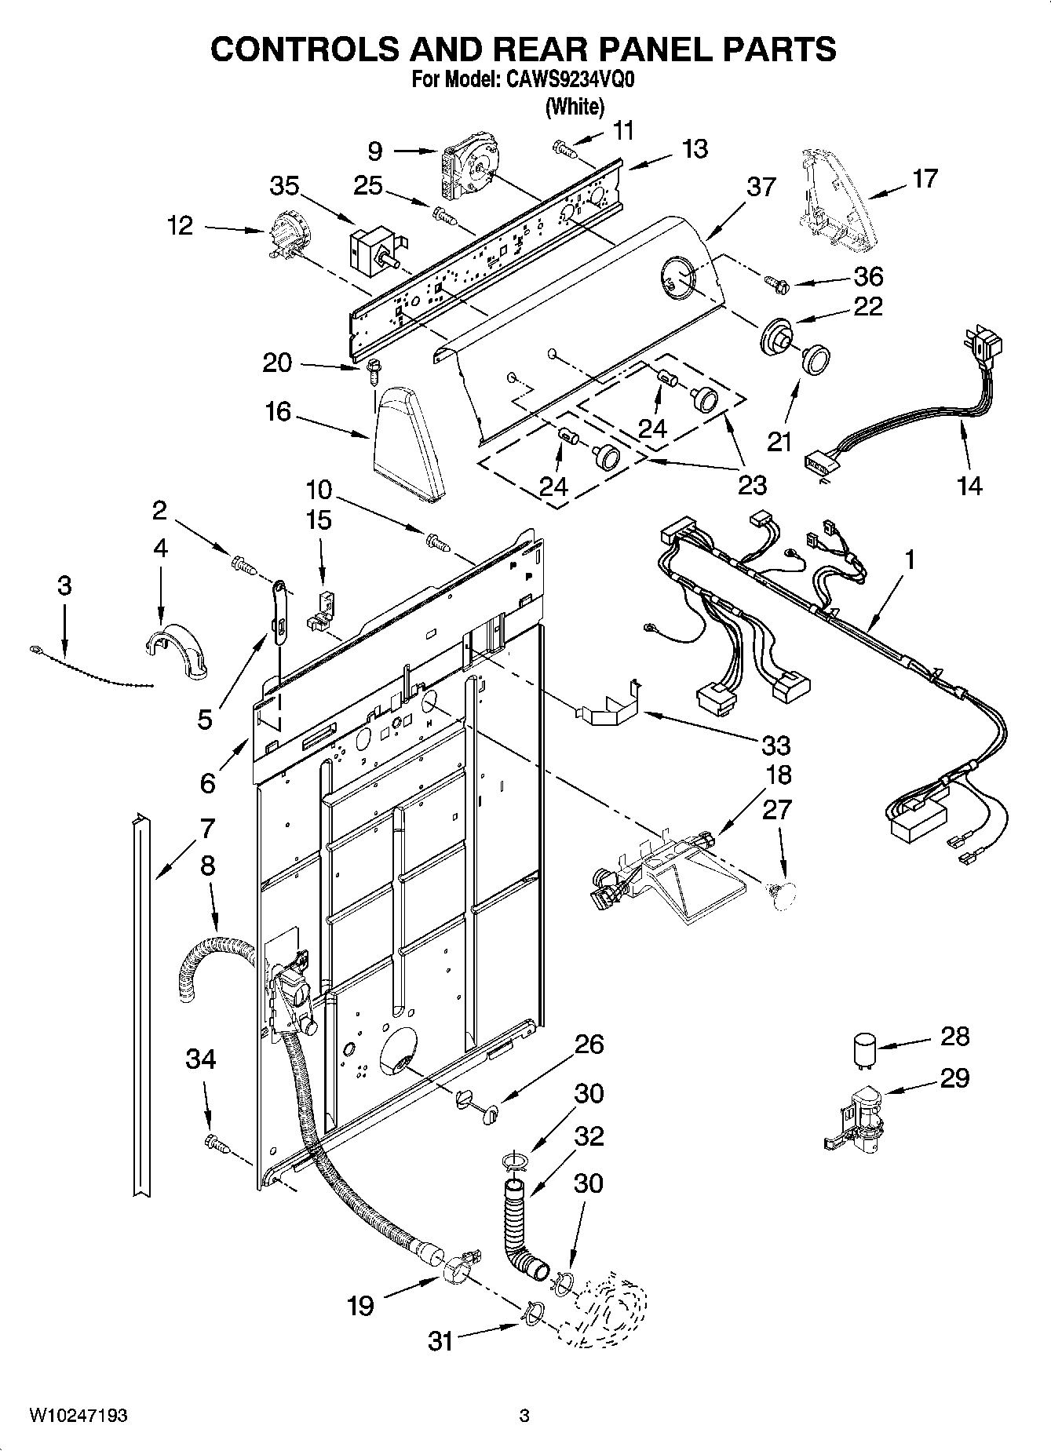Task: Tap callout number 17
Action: point(925,178)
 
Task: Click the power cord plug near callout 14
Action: point(987,345)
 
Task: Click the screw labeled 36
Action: point(772,280)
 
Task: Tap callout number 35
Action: point(284,186)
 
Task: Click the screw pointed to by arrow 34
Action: point(216,1143)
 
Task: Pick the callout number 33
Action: point(775,744)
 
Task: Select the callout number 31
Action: point(440,1341)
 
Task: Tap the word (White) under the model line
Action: point(575,106)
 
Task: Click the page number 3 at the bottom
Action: point(524,1416)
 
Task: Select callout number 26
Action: point(589,1044)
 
